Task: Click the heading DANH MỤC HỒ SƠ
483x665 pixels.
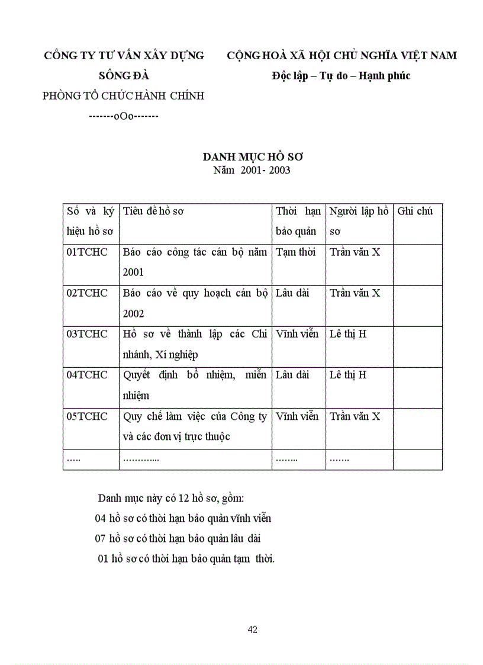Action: (x=253, y=157)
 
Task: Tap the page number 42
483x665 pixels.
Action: (x=253, y=629)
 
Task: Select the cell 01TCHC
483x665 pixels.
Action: (x=87, y=252)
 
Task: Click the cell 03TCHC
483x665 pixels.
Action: (x=87, y=334)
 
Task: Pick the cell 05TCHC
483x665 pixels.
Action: (x=87, y=416)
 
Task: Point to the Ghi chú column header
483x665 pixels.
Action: (x=416, y=211)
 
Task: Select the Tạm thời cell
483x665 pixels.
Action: (x=296, y=252)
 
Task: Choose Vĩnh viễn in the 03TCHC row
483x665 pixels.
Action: (x=297, y=334)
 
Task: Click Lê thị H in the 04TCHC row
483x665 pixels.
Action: (x=348, y=375)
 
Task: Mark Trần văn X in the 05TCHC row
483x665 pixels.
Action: (x=355, y=416)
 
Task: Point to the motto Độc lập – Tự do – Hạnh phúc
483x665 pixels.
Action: (x=341, y=76)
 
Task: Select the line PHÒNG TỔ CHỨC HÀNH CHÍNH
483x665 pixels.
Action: (x=124, y=96)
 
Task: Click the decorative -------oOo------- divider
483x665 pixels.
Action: (x=124, y=115)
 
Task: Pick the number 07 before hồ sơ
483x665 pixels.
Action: (x=101, y=538)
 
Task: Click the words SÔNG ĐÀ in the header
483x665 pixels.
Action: (x=124, y=76)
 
